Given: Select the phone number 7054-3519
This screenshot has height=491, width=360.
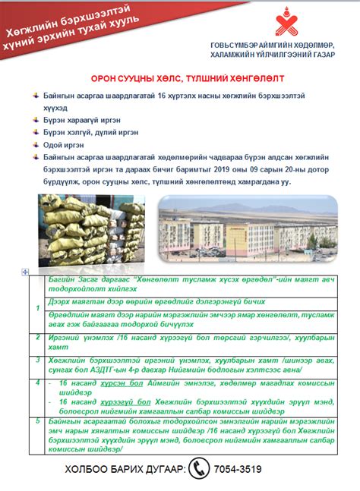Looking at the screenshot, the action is [239, 470].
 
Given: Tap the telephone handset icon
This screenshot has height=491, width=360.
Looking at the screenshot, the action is [200, 469].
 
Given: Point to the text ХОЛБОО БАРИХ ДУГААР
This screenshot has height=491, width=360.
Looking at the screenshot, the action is [125, 471].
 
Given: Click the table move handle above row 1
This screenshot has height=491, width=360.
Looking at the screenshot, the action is [26, 271].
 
